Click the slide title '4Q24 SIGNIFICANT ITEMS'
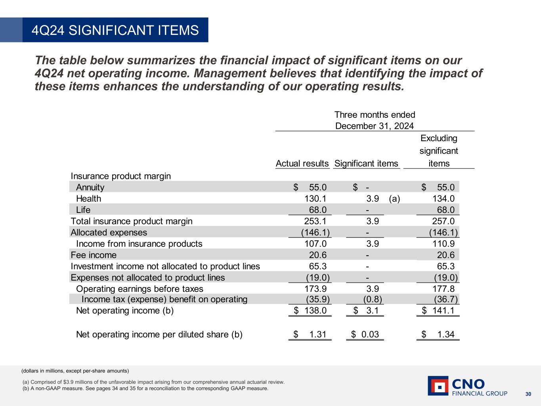coord(115,30)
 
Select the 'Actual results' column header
coord(302,163)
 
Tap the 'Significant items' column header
coord(366,163)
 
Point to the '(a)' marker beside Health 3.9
coord(394,199)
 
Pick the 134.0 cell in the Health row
coord(444,199)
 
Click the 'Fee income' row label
coord(94,255)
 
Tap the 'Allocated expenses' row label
coord(109,232)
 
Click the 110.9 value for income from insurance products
coord(444,244)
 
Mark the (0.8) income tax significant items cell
coord(373,299)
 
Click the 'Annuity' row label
coord(90,187)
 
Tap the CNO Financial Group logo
coord(467,386)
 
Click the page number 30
coord(528,394)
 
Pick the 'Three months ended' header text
coord(375,115)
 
